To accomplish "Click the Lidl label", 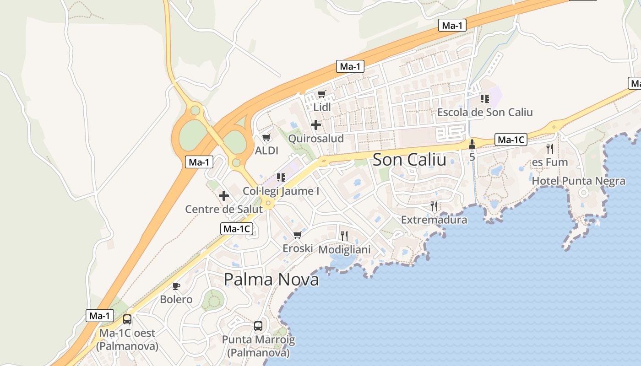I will click(x=322, y=107).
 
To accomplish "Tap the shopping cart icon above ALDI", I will click(x=266, y=137).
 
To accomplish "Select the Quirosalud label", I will click(x=316, y=138).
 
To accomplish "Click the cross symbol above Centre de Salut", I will click(x=224, y=196).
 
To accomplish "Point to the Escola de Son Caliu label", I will click(x=485, y=112).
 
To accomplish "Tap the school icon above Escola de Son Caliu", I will click(x=485, y=98).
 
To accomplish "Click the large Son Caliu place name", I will click(x=409, y=160).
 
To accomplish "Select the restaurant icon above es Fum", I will click(x=550, y=149).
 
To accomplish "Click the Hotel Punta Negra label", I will click(x=578, y=181).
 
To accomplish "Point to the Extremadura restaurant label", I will click(x=434, y=220).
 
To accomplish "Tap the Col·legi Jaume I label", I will click(x=281, y=191).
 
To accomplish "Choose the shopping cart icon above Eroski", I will click(x=297, y=235).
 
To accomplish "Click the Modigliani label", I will click(x=344, y=250).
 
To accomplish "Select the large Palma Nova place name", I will click(x=271, y=279).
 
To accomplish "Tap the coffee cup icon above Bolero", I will click(x=176, y=286).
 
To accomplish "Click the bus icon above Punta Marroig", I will click(x=258, y=326).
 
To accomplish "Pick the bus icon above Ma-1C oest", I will click(x=127, y=319).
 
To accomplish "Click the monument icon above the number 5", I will click(x=472, y=144).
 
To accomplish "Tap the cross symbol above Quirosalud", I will click(x=316, y=124).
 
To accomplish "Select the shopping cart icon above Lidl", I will click(x=322, y=94).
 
